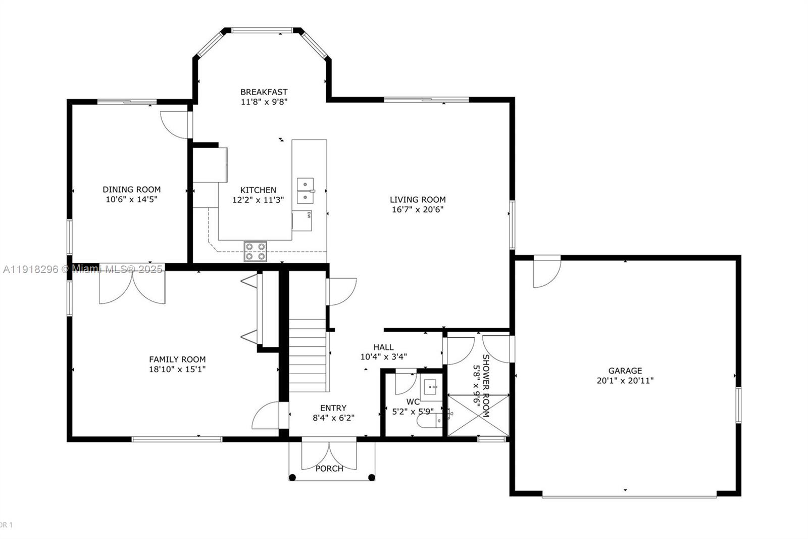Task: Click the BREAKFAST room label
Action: click(264, 92)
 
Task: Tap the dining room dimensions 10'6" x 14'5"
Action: click(132, 199)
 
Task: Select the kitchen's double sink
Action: click(305, 191)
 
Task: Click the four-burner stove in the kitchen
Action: click(255, 251)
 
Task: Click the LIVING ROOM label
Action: click(418, 200)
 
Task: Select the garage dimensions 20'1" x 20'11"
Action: click(625, 381)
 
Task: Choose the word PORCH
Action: click(329, 469)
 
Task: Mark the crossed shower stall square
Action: click(478, 415)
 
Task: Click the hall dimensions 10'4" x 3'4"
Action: click(383, 356)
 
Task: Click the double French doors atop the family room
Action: click(132, 286)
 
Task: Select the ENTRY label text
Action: click(333, 408)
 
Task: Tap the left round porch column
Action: click(292, 477)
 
